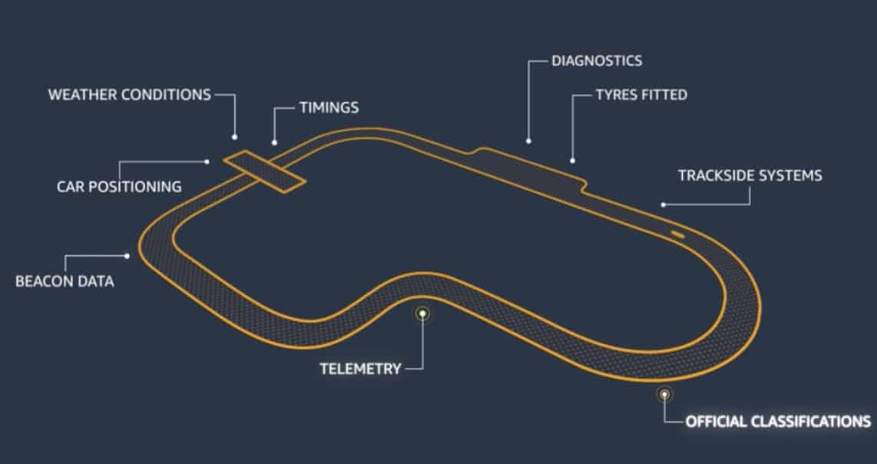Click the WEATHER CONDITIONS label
[129, 94]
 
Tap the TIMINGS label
[328, 108]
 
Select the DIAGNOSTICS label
[597, 60]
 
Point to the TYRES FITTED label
[641, 95]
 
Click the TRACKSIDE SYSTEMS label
[750, 175]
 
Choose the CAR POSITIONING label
[119, 186]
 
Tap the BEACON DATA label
[65, 281]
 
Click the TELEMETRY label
[360, 369]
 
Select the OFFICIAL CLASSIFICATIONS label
[778, 421]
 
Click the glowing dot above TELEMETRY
[422, 313]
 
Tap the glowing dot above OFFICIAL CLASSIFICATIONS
[664, 394]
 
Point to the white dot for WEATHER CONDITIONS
[234, 137]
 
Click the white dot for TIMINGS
[274, 142]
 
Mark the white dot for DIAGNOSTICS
[528, 141]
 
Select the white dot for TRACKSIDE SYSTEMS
[663, 204]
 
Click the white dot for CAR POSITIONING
[207, 161]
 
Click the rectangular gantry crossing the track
[263, 170]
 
